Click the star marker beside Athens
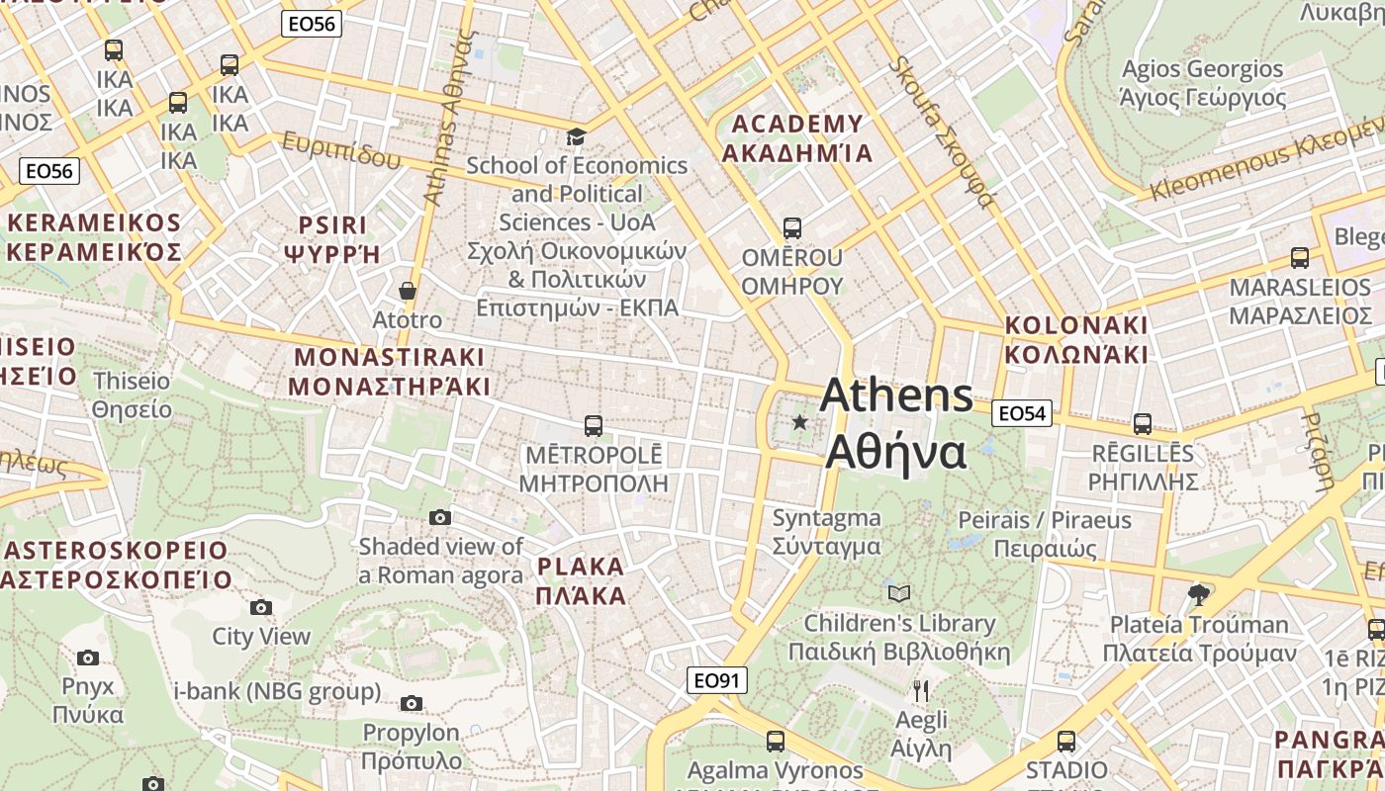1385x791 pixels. point(800,422)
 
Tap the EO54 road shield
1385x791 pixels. point(1021,413)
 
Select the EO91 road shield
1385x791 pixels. point(717,680)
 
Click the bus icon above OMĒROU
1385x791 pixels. point(791,228)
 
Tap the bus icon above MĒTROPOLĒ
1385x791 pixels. point(593,426)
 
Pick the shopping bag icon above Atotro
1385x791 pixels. point(407,291)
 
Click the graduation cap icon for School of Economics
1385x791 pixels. point(576,136)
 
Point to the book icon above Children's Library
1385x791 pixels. point(898,593)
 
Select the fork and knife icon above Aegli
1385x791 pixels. point(921,690)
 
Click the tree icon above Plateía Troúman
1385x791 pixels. point(1199,594)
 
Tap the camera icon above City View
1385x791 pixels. point(261,607)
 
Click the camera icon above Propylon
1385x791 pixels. point(412,703)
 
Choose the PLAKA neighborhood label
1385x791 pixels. point(581,580)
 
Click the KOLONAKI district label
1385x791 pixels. point(1076,339)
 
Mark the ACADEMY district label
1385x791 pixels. point(796,137)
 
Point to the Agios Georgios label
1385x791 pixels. point(1202,83)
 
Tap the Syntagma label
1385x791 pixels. point(826,531)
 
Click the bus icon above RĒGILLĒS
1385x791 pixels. point(1143,424)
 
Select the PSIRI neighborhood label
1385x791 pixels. point(332,238)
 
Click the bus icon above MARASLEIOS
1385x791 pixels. point(1300,258)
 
